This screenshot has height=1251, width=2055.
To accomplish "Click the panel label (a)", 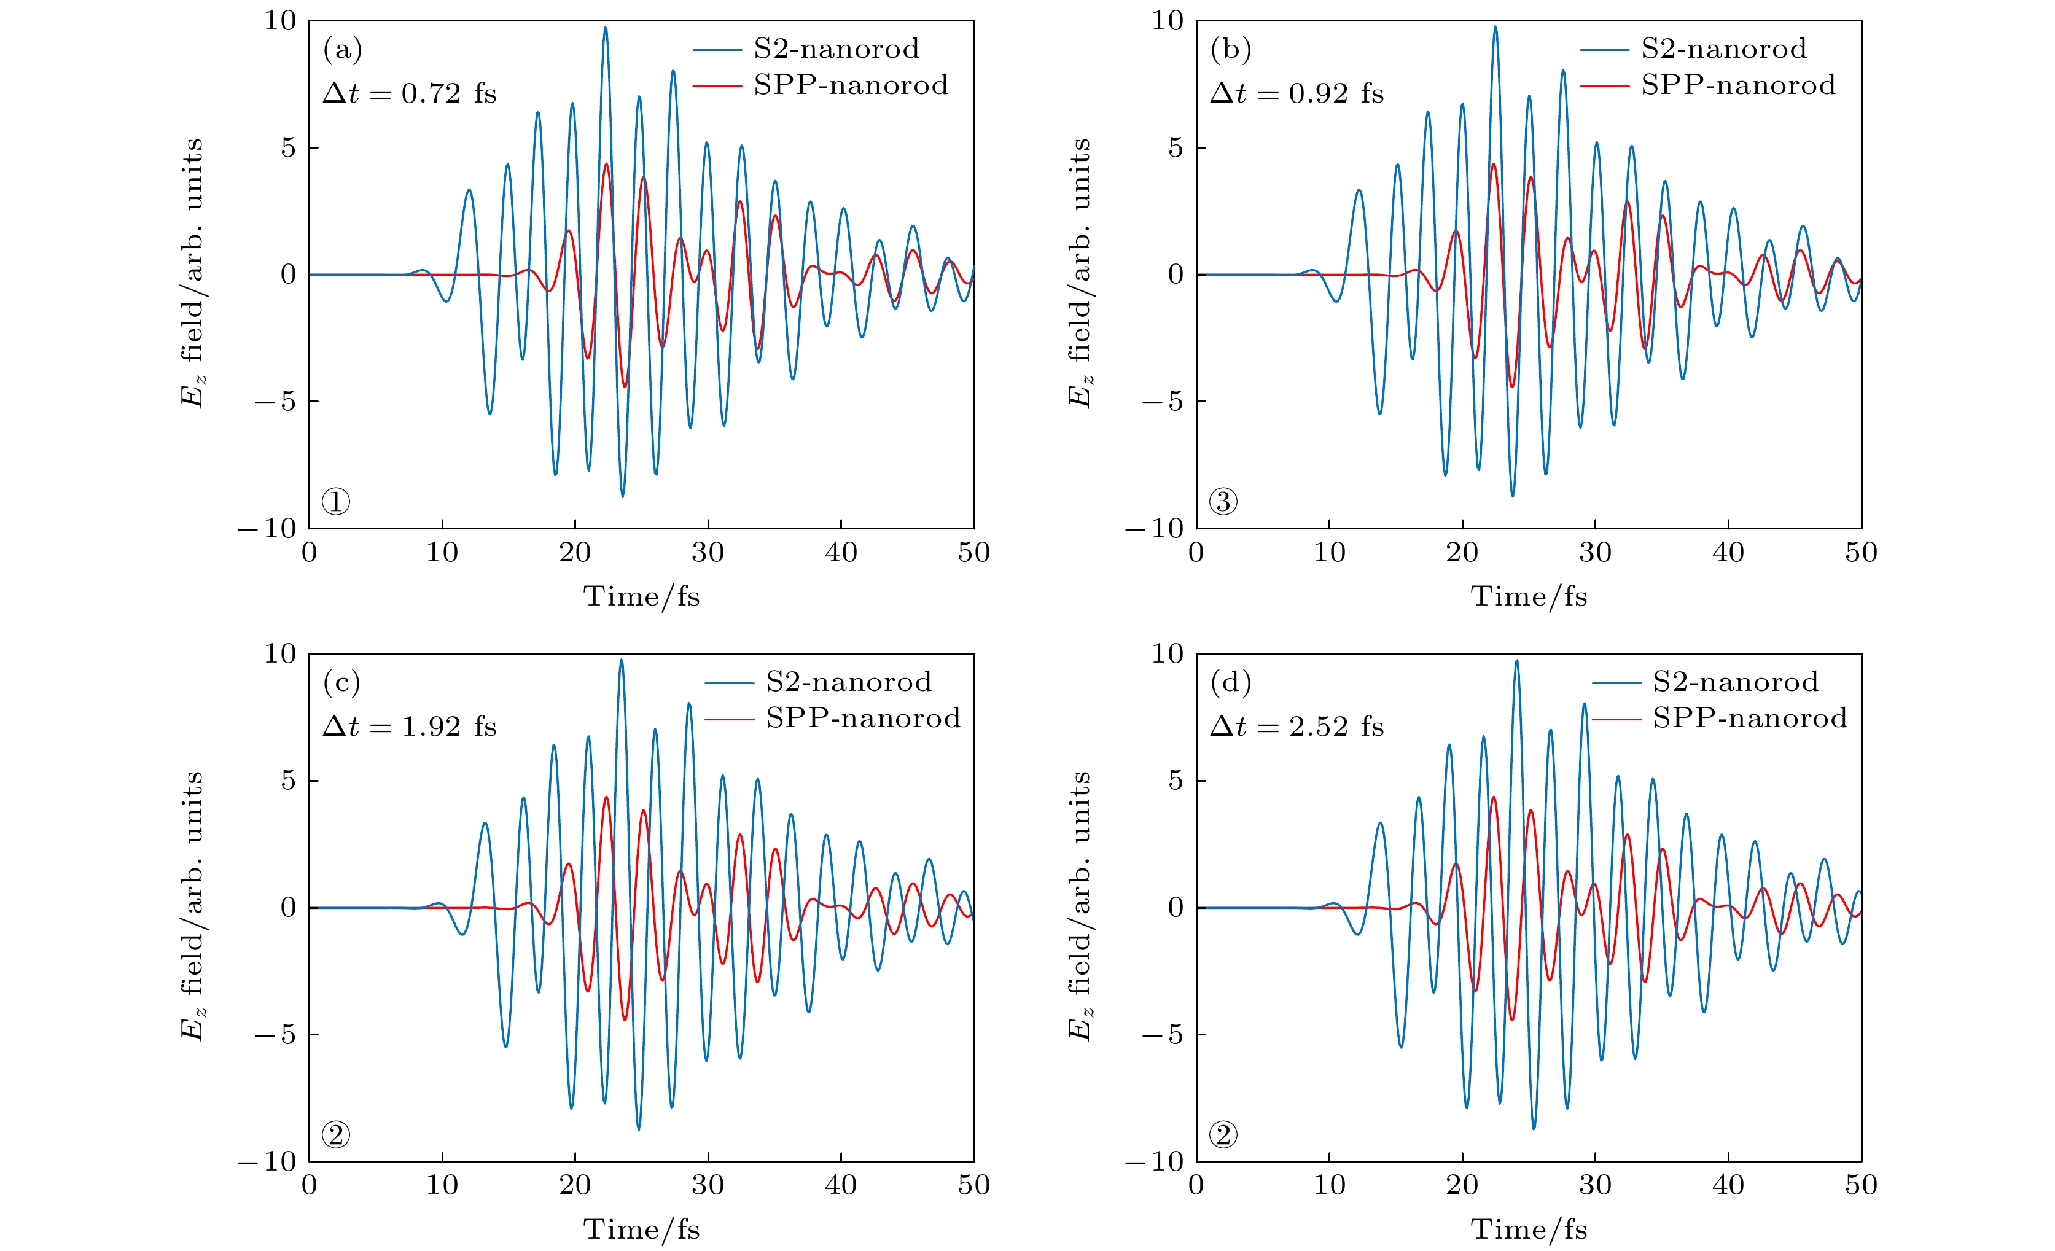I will (342, 50).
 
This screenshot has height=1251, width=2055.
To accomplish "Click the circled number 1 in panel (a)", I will (336, 501).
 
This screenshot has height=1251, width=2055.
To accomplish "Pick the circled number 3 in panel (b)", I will (1223, 501).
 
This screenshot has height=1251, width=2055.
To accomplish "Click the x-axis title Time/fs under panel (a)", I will (641, 596).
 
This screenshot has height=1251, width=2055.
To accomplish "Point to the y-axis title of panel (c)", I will (192, 906).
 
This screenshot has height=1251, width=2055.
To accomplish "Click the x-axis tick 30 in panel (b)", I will (1594, 552).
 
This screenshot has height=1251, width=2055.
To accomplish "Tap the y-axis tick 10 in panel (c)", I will (280, 654).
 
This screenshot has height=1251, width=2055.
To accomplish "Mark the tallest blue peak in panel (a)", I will (606, 28).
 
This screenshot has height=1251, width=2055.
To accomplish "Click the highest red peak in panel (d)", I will (1493, 797).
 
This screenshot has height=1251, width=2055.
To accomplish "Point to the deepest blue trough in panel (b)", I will (1513, 496).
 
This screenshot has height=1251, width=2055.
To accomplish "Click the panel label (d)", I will (1230, 683).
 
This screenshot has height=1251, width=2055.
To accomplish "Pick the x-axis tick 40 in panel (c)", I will (841, 1185).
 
